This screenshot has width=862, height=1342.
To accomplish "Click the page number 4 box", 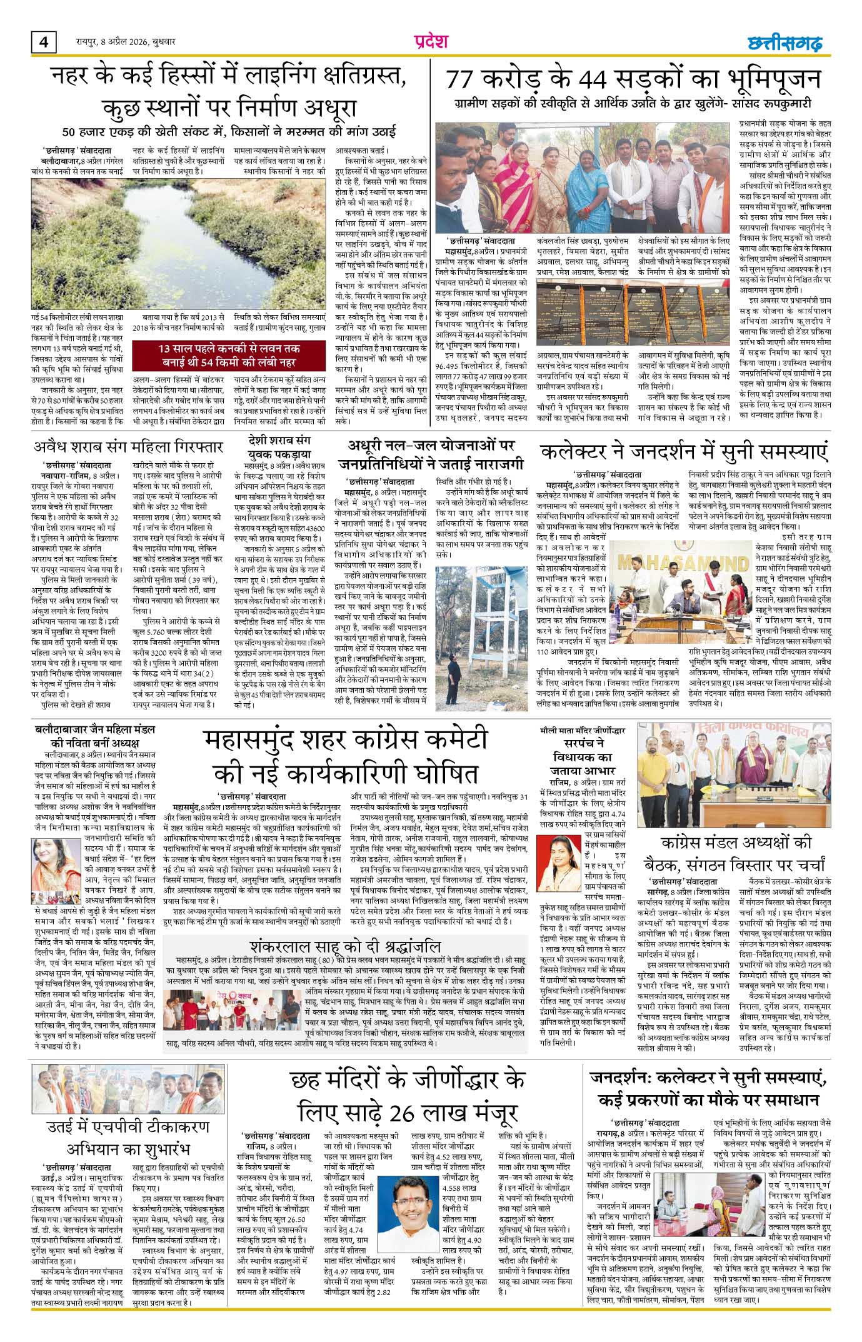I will click(x=43, y=42).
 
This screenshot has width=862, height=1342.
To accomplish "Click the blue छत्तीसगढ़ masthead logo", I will click(x=785, y=43).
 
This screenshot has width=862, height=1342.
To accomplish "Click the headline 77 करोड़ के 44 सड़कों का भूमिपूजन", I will click(x=632, y=80).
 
